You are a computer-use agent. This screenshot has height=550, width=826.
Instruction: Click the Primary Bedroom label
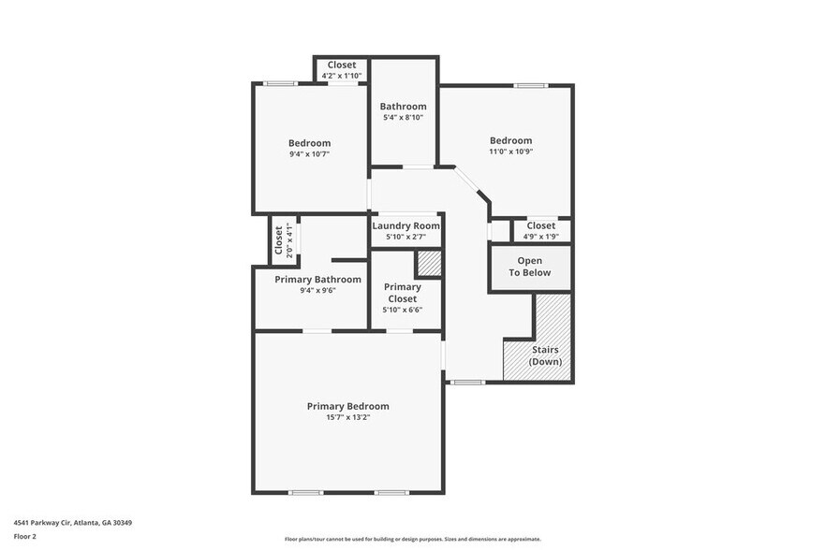point(347,406)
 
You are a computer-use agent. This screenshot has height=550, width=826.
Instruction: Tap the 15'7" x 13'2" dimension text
point(347,417)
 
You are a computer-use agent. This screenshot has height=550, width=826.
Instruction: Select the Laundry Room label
point(406,226)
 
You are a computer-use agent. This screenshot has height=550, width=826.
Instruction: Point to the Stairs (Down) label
point(545,355)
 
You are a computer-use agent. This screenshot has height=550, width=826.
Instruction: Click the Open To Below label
point(530,267)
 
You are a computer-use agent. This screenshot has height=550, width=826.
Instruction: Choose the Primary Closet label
point(403,293)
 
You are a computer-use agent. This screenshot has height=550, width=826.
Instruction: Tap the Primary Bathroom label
point(317,280)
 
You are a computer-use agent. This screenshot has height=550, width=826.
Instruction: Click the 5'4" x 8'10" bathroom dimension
point(404,118)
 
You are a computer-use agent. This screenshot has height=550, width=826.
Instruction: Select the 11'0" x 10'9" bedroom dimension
point(510,152)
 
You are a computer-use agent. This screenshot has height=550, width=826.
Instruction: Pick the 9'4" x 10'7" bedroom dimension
point(308,154)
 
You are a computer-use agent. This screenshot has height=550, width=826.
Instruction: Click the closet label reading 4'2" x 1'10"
point(341,76)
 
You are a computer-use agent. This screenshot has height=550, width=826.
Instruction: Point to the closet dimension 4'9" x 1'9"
point(540,237)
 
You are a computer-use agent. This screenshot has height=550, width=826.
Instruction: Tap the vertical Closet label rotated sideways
point(279,240)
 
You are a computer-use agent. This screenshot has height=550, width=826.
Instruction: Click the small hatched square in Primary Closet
point(429,264)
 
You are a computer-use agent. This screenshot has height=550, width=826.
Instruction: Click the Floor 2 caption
point(25,537)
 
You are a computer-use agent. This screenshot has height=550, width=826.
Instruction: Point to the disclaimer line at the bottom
point(413,540)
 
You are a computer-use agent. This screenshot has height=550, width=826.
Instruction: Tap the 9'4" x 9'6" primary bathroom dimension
point(317,291)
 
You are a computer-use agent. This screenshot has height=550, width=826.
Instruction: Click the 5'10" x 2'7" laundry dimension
point(406,238)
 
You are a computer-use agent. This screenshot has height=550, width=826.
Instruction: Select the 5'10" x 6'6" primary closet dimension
point(403,310)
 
